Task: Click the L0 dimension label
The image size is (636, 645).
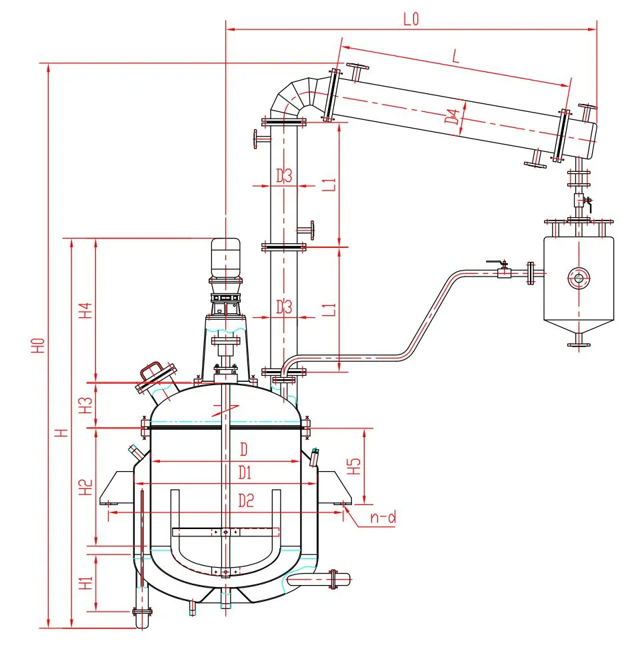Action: click(x=410, y=19)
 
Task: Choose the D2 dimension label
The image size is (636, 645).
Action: click(x=246, y=502)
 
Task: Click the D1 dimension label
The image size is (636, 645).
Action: click(x=245, y=473)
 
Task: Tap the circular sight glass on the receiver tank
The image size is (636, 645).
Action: click(x=578, y=278)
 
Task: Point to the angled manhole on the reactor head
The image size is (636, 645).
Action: click(x=156, y=377)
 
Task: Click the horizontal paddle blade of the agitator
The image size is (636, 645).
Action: click(x=225, y=532)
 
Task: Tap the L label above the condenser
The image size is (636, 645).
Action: click(x=456, y=58)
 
